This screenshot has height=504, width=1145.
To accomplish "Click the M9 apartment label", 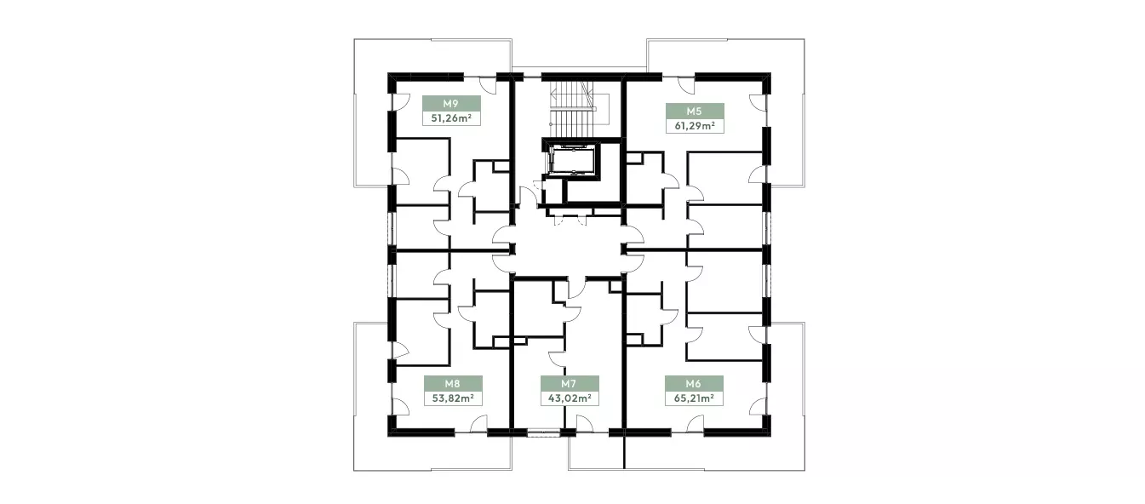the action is [x=450, y=104].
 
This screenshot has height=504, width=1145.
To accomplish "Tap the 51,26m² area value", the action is [x=451, y=118].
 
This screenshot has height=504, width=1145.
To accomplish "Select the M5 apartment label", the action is [x=694, y=111].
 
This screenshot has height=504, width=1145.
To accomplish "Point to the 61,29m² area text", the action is [x=695, y=126].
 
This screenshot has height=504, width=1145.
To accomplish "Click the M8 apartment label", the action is [x=452, y=383].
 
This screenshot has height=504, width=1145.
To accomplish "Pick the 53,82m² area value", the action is [x=453, y=398].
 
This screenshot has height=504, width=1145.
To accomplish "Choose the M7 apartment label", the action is [x=569, y=383].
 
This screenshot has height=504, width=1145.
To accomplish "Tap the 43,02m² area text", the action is [x=570, y=398].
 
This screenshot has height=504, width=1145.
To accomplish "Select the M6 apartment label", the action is [x=693, y=383].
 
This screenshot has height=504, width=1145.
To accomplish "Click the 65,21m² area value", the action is [x=694, y=398].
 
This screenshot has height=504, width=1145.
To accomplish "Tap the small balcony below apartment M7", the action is [x=596, y=452].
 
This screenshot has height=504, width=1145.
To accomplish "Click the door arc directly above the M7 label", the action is [x=557, y=358].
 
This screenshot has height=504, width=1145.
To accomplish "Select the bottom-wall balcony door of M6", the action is [x=696, y=424].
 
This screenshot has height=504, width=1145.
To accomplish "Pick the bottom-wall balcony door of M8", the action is [x=478, y=424].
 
